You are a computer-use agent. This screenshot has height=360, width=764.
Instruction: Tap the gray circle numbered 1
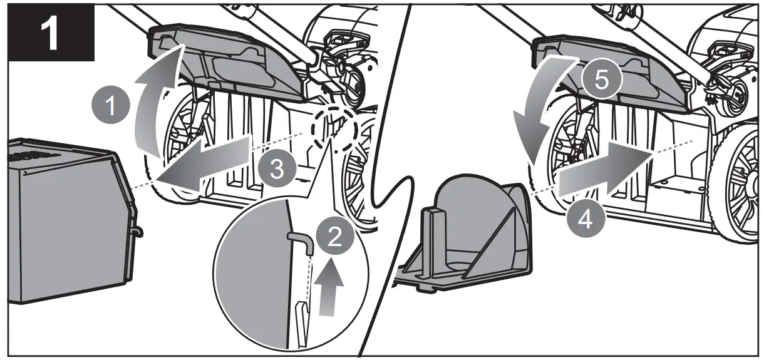[x=110, y=107]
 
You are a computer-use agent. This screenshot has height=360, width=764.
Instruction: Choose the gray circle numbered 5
[x=599, y=81]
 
